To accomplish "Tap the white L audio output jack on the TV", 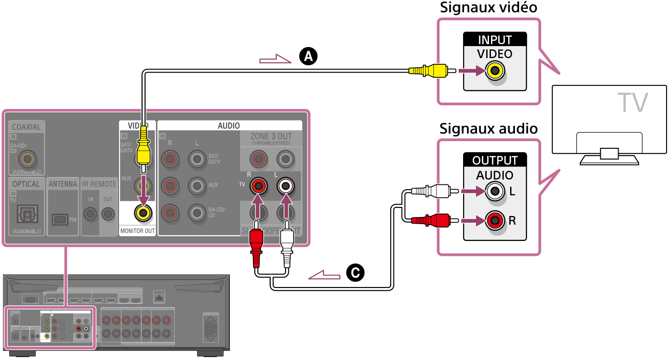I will [495, 192].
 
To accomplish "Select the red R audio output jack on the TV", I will [495, 221].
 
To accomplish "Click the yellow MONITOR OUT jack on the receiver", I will [143, 212].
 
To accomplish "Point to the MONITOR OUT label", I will [138, 231].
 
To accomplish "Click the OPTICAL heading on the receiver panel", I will [26, 184].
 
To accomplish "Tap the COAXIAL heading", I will [26, 127].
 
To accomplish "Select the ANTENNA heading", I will [63, 184].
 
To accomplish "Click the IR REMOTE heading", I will [99, 184].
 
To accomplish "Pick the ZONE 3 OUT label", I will [271, 136].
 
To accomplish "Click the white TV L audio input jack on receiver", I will [286, 185].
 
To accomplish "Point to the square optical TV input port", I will [26, 214].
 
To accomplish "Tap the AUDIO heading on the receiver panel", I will [229, 126].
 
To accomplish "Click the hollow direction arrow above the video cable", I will [275, 60].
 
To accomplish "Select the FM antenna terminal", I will [60, 219].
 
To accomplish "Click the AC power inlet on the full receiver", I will [211, 328].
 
